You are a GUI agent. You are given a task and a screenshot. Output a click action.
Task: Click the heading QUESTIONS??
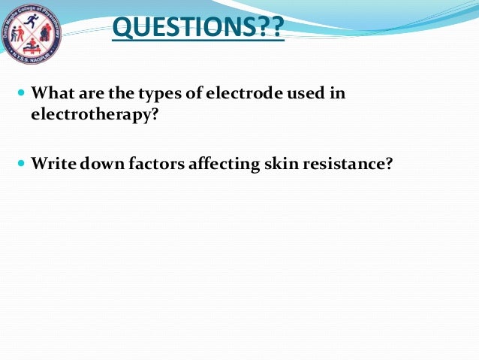click(197, 29)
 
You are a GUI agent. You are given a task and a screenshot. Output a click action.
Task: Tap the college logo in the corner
click(32, 32)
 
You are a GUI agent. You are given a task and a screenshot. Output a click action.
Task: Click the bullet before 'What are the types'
click(20, 95)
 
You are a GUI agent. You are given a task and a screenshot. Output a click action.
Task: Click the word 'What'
click(51, 95)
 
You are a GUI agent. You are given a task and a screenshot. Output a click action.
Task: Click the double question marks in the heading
click(271, 29)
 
